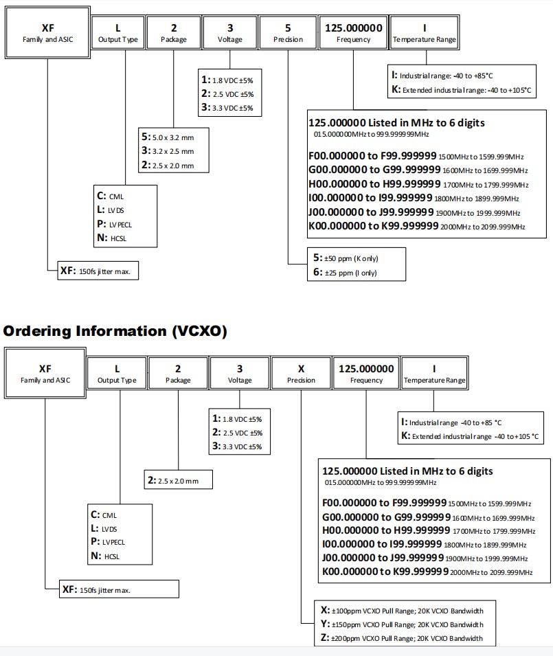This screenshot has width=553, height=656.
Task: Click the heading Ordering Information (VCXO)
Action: pos(115,330)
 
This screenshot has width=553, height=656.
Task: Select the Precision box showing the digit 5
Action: pos(288,32)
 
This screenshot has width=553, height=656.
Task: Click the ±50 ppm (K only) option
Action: pos(346,258)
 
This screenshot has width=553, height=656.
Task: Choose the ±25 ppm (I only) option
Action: pos(345,273)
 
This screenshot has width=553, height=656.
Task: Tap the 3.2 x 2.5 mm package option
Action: pos(168,150)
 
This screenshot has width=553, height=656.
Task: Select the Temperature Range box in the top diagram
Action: pos(424,32)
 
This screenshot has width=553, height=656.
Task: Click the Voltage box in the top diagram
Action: pos(229,32)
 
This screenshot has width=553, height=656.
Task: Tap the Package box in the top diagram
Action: pos(173,32)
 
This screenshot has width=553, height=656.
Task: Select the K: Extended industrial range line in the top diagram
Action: pos(457,89)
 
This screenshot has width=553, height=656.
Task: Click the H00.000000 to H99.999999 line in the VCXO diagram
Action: pos(426,531)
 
